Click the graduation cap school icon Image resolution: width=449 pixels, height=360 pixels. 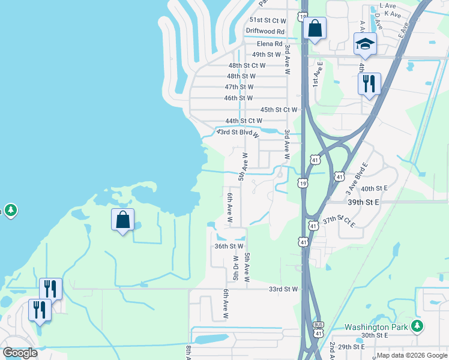click(365, 44)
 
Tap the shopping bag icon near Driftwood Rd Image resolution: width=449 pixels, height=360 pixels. click(315, 28)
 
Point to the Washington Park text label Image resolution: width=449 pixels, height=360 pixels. click(376, 328)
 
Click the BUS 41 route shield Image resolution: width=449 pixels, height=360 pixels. click(319, 329)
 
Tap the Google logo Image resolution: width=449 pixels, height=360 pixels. click(20, 353)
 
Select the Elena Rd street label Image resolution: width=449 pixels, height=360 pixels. click(270, 44)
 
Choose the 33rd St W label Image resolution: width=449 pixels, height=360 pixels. click(283, 289)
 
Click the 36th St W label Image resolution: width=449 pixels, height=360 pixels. click(229, 246)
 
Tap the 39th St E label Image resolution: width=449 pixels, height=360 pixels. click(364, 203)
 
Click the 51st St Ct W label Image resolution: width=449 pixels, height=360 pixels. click(269, 20)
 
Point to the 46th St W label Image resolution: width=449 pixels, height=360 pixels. click(238, 98)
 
